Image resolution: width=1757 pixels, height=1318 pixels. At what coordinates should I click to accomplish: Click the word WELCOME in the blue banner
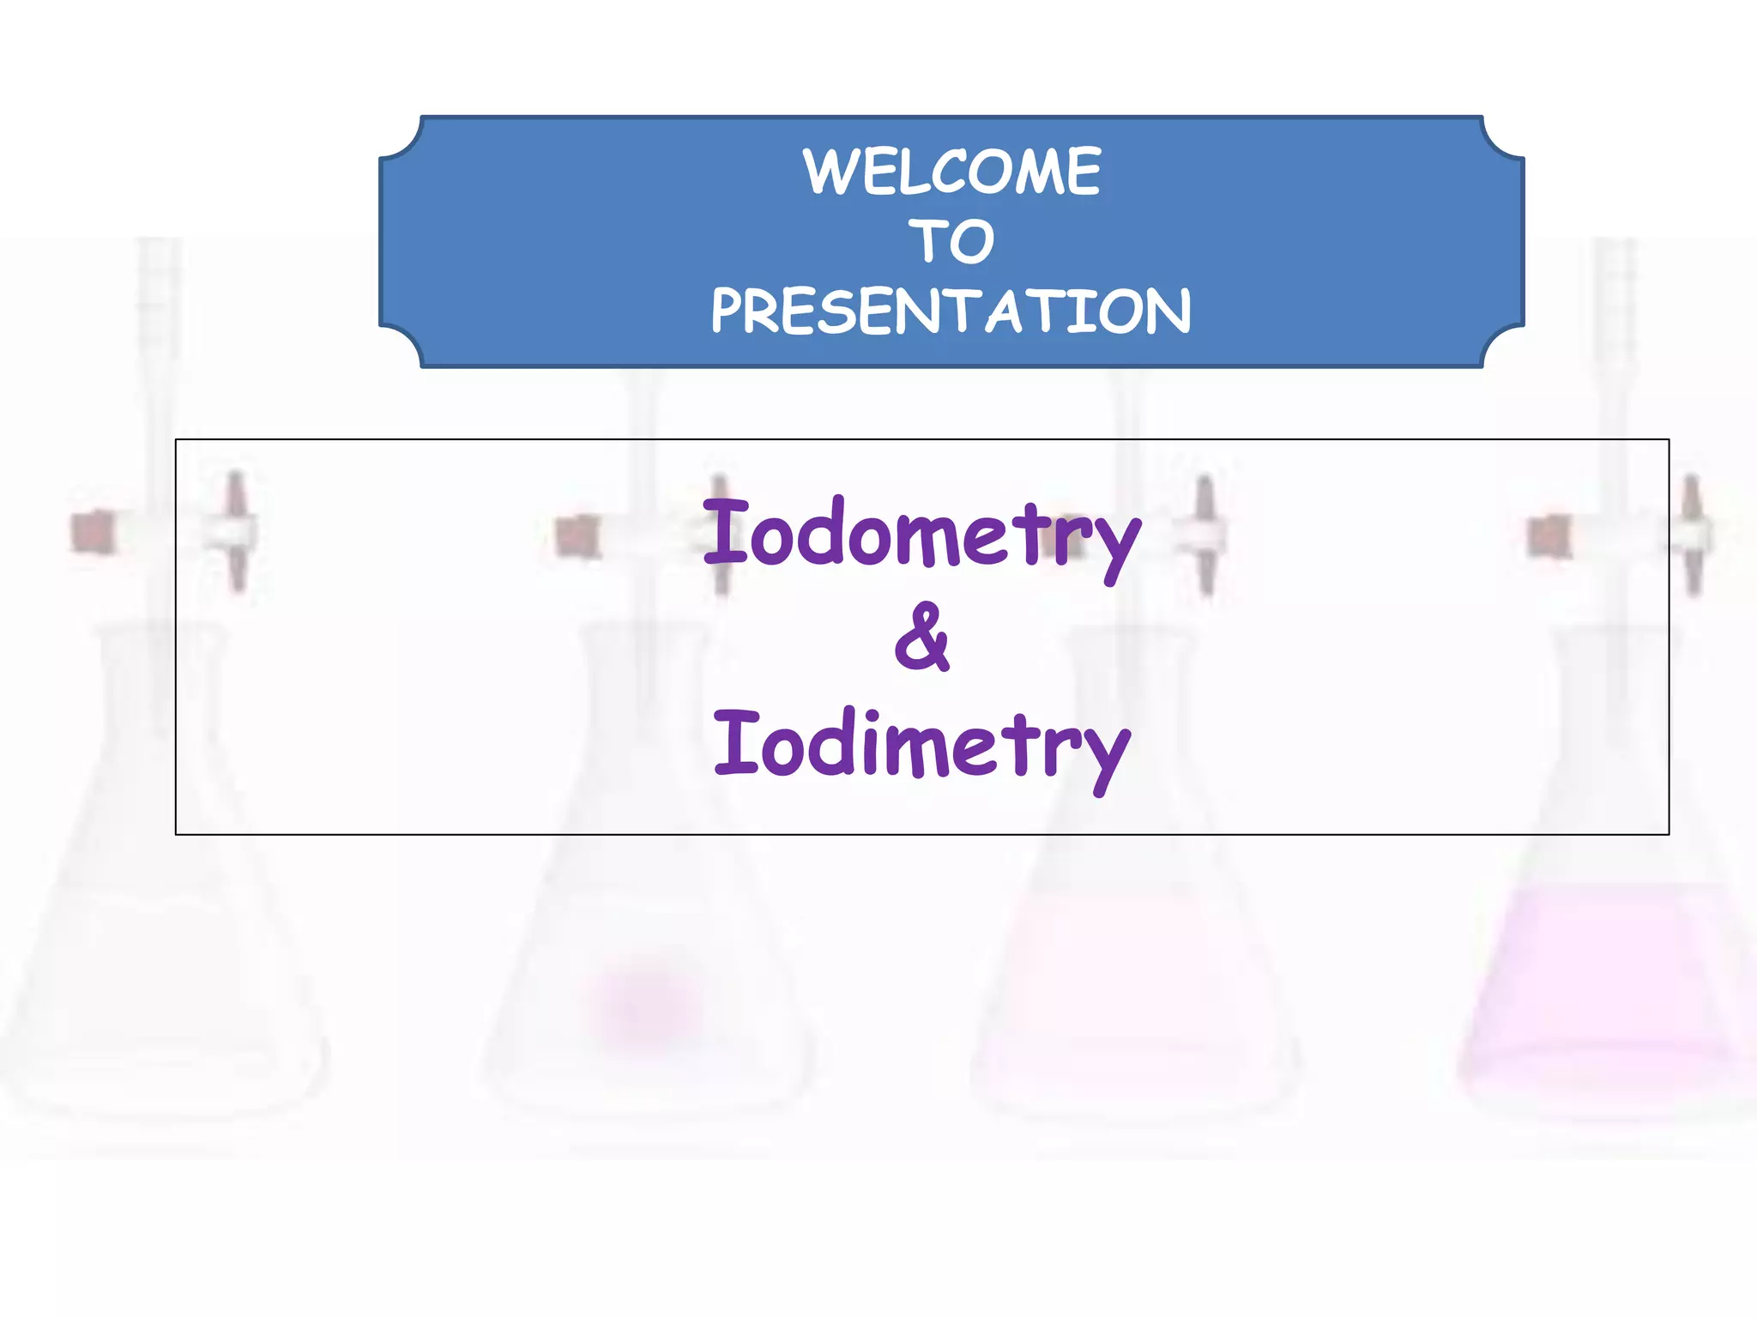click(x=951, y=172)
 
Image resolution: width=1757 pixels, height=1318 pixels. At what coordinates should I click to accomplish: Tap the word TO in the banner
click(x=951, y=241)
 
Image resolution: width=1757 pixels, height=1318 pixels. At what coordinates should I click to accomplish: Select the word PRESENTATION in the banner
click(x=951, y=311)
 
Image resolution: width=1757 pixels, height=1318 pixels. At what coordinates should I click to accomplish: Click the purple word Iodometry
click(x=921, y=535)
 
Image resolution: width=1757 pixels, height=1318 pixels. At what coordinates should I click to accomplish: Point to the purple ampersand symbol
click(x=921, y=638)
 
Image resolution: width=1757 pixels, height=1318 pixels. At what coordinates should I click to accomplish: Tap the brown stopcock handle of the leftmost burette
click(x=93, y=531)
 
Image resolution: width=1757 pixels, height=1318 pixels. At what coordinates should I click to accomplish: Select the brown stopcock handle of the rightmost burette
click(x=1549, y=536)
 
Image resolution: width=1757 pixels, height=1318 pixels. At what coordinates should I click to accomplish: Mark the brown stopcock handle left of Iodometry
click(x=577, y=536)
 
